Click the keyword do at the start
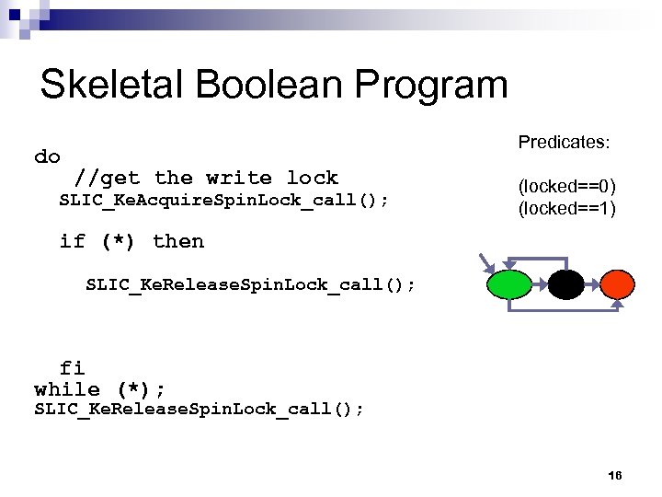(x=47, y=156)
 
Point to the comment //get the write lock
(x=206, y=178)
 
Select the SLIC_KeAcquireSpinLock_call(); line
(x=223, y=201)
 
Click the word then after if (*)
(x=178, y=241)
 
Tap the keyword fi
(x=73, y=368)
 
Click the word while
(x=67, y=389)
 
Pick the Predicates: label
(x=565, y=143)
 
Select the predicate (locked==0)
(x=566, y=188)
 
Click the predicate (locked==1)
(x=566, y=209)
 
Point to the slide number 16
(x=615, y=475)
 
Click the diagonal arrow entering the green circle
(x=485, y=264)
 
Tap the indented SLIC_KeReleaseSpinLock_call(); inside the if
(x=250, y=284)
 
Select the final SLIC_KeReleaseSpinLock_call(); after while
(x=199, y=410)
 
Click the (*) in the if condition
(x=119, y=241)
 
